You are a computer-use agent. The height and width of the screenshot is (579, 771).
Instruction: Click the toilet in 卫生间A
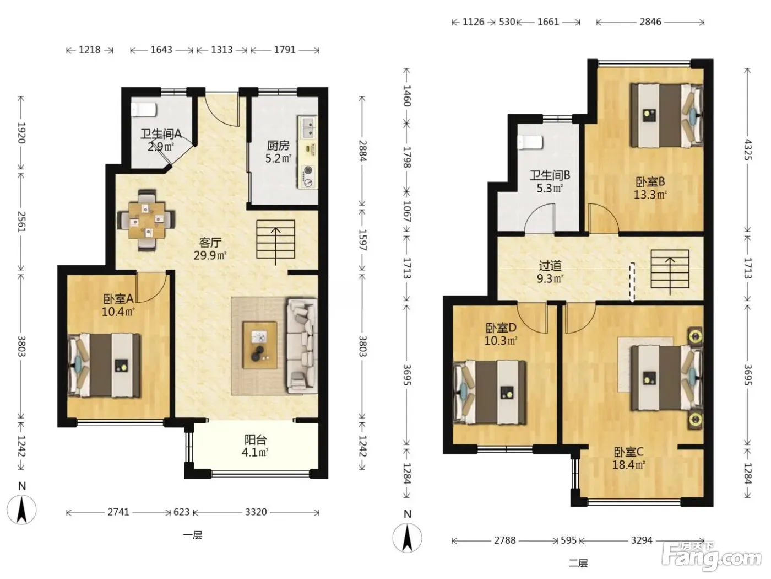click(144, 109)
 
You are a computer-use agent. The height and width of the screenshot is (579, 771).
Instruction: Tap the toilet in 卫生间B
click(530, 143)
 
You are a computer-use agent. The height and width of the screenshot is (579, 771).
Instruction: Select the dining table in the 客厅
click(146, 221)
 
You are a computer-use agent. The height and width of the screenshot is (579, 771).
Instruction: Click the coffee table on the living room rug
click(260, 345)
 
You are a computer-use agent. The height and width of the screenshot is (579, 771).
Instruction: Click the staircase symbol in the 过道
click(670, 272)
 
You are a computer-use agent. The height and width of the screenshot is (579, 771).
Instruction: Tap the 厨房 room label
click(278, 145)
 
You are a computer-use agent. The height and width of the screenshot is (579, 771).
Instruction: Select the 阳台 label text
click(256, 439)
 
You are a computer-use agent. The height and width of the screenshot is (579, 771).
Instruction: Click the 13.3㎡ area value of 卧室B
click(650, 195)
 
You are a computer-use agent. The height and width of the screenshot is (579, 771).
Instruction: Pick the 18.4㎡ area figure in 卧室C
click(629, 465)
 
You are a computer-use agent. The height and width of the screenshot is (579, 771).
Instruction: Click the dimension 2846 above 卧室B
click(650, 22)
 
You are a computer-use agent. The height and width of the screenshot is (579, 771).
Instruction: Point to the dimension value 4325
click(747, 150)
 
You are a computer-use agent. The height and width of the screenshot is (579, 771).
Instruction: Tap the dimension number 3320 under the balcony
click(256, 512)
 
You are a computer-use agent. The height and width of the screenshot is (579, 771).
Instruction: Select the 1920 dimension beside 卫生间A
click(21, 133)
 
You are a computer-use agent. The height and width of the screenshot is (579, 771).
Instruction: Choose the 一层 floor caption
click(193, 535)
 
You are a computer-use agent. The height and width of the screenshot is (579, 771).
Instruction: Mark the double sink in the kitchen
click(308, 127)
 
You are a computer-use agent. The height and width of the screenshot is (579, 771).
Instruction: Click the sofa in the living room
click(302, 345)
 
